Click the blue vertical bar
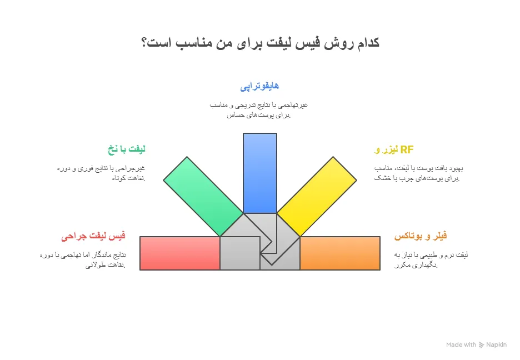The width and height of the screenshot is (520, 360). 260,173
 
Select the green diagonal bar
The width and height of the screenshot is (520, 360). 203,197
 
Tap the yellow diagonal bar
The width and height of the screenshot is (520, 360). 317,197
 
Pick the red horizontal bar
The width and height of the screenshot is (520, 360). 180,253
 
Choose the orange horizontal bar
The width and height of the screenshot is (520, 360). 340,253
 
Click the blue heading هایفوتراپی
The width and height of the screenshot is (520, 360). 259,87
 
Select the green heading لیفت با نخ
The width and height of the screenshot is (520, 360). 127,149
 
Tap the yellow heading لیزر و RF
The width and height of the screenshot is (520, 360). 394,150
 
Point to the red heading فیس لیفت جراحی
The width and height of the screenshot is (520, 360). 93,236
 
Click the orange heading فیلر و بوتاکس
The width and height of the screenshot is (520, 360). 421,236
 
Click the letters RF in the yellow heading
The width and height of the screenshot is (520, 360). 407,150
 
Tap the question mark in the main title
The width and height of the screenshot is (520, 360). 144,42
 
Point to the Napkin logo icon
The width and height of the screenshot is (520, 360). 481,345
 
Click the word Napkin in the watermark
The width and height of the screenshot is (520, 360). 497,345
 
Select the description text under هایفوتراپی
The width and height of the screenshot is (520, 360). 259,110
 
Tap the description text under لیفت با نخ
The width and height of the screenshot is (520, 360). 101,173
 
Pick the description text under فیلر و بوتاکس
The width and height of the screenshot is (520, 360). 431,260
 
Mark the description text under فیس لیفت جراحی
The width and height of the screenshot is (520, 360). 83,260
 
